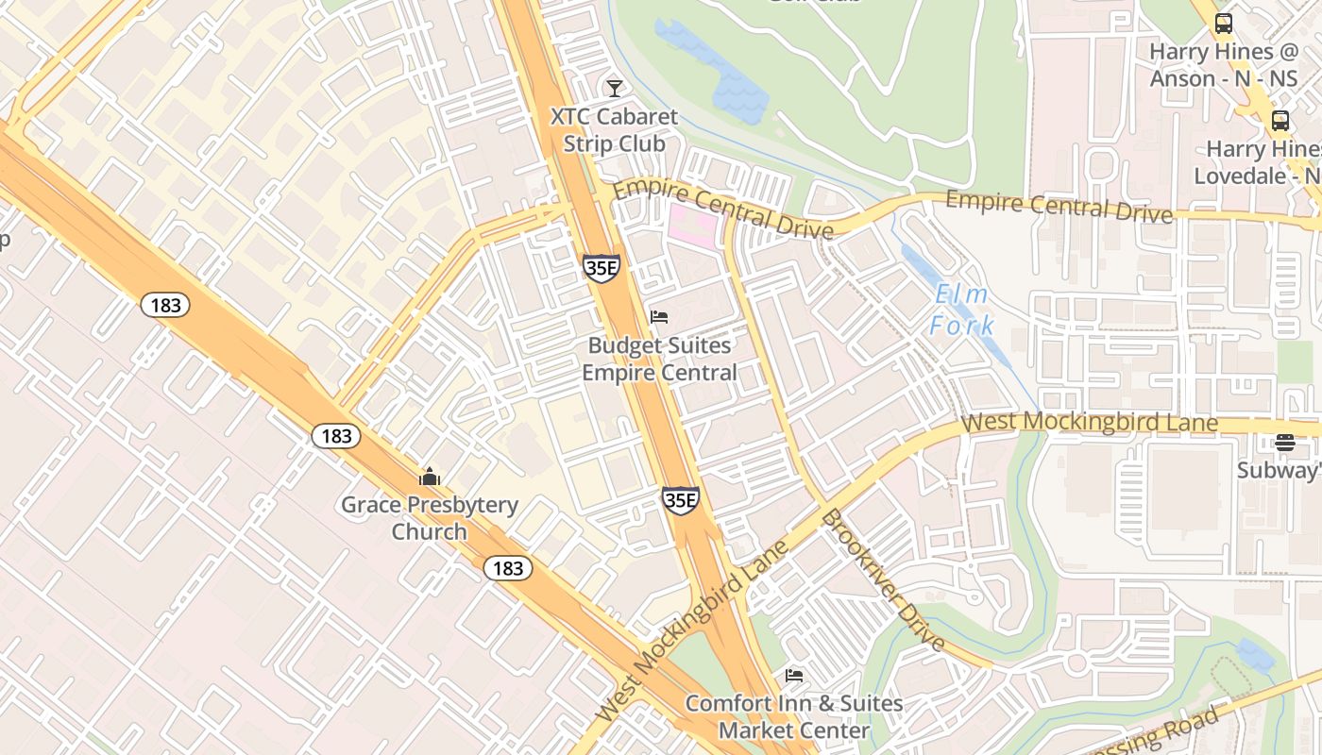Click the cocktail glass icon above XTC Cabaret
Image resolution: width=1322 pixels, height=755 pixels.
(x=615, y=89)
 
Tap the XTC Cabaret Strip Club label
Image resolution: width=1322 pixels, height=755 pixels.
(x=615, y=130)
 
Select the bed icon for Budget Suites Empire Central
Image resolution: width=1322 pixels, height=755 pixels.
(x=659, y=317)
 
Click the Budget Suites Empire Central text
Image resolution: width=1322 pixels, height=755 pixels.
(x=659, y=359)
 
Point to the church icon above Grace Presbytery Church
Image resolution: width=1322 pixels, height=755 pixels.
(x=430, y=477)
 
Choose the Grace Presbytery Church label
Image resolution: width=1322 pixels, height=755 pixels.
(x=430, y=518)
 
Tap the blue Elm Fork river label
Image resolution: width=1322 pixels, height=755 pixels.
(x=961, y=310)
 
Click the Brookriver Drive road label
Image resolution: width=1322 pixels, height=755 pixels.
(x=882, y=579)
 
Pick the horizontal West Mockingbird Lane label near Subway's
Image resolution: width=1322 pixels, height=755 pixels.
(x=1089, y=422)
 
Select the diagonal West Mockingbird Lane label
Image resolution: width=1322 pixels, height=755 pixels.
(x=693, y=629)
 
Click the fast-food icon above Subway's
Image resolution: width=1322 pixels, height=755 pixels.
(x=1284, y=442)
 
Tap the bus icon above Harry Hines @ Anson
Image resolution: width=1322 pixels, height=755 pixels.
(x=1224, y=24)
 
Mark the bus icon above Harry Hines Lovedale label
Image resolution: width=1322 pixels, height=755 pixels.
(x=1280, y=121)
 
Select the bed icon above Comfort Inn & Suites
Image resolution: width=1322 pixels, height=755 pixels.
(x=794, y=676)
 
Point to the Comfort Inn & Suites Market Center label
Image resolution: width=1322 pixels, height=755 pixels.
(x=794, y=717)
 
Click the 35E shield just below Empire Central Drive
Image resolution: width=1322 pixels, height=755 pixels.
(x=602, y=268)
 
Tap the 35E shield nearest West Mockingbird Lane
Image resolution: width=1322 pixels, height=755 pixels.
(x=680, y=500)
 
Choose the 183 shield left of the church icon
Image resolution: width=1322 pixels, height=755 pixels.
(x=335, y=436)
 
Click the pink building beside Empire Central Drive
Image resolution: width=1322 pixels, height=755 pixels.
(x=692, y=226)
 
